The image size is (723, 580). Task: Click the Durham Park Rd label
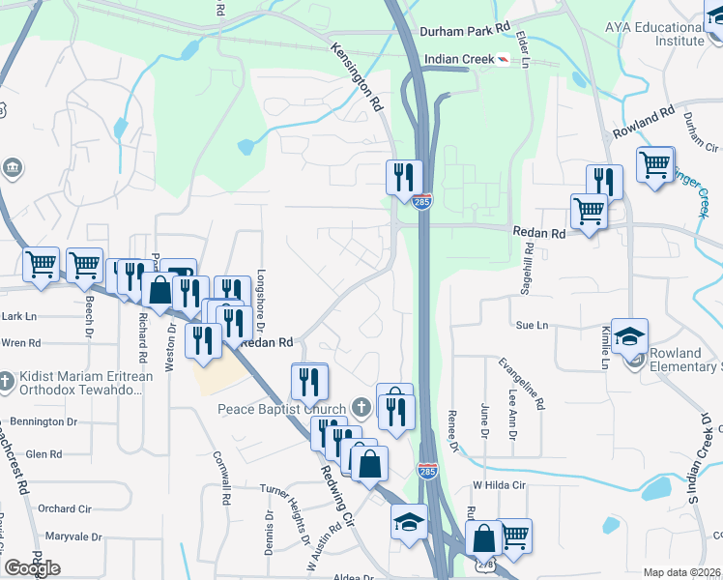(464, 30)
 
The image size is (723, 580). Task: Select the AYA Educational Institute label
(668, 35)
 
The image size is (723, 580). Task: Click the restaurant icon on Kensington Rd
(404, 177)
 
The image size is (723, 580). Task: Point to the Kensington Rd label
(357, 75)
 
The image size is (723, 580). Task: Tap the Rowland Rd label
(643, 124)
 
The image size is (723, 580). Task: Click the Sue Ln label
(532, 326)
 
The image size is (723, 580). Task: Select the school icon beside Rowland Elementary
(629, 335)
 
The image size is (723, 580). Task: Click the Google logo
(32, 567)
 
